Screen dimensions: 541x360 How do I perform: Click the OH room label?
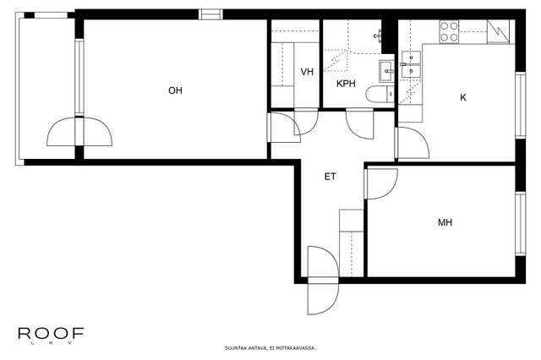point(175,90)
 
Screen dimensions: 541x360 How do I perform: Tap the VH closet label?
point(307,72)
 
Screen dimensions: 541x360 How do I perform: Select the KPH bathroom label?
point(346,84)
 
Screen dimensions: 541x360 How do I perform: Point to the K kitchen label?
point(463,97)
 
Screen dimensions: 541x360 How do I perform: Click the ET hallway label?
point(330,177)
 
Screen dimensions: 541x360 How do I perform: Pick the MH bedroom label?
point(445,222)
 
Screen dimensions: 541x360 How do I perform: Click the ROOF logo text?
point(51,333)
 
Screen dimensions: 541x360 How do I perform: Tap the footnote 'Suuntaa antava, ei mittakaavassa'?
point(270,348)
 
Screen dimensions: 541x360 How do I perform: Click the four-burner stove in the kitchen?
point(449,32)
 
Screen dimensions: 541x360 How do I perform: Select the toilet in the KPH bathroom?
point(380,94)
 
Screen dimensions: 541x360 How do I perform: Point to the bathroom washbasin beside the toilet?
point(386,71)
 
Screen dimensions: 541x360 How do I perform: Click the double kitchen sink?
point(411,64)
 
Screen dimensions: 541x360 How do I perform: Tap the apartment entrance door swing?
point(323,280)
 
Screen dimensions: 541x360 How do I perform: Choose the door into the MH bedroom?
point(381,183)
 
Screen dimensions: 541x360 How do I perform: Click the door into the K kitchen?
point(412,143)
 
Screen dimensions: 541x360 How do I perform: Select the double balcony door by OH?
point(79,131)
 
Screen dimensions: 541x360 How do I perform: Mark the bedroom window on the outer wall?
point(521,224)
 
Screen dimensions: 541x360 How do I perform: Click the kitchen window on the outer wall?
point(521,105)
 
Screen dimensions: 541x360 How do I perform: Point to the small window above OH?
point(210,14)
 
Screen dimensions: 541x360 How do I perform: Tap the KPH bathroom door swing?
point(359,123)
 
